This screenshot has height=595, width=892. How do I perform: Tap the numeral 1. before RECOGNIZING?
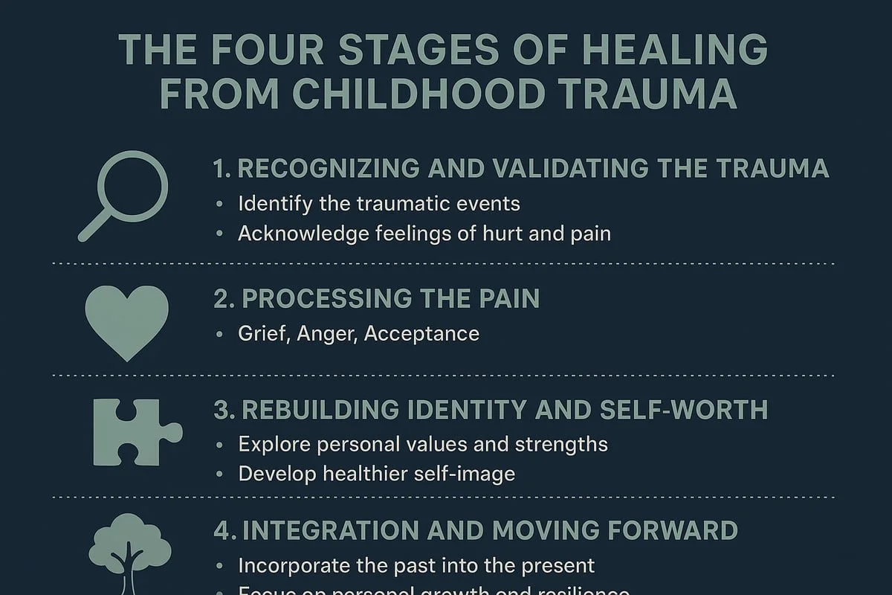coord(222,168)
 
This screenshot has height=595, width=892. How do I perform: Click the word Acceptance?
coord(421,333)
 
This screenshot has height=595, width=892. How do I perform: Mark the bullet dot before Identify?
coord(219,204)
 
